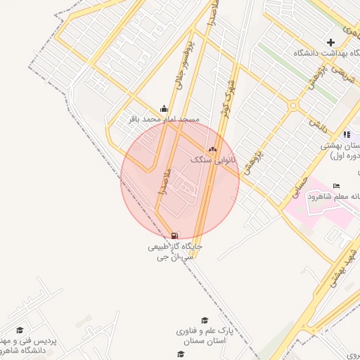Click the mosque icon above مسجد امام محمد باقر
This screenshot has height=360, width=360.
pyautogui.click(x=164, y=108)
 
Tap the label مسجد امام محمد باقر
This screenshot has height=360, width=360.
pyautogui.click(x=164, y=120)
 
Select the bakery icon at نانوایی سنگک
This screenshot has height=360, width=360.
pyautogui.click(x=212, y=149)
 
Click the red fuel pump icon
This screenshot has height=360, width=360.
pyautogui.click(x=174, y=236)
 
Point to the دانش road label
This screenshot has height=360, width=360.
pyautogui.click(x=319, y=127)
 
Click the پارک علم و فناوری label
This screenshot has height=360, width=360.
pyautogui.click(x=205, y=335)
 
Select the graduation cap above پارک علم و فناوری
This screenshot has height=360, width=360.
pyautogui.click(x=205, y=320)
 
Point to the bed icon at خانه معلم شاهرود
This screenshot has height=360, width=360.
pyautogui.click(x=336, y=185)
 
